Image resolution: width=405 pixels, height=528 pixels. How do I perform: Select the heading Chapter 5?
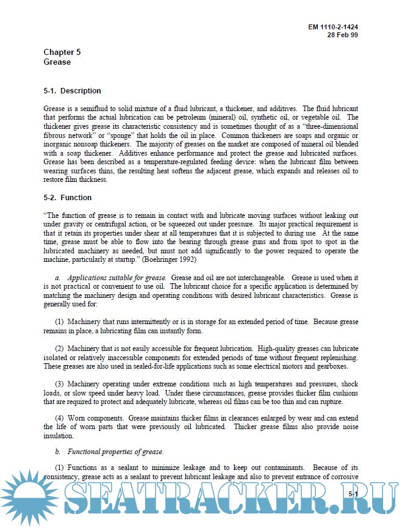62,52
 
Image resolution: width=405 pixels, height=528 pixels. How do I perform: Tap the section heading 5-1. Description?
72,91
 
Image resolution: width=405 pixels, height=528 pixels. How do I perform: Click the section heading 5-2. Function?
67,198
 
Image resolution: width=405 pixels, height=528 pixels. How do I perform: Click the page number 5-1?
353,493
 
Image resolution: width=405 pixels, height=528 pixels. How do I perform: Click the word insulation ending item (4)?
59,436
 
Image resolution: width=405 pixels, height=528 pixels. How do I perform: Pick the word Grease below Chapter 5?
57,62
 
